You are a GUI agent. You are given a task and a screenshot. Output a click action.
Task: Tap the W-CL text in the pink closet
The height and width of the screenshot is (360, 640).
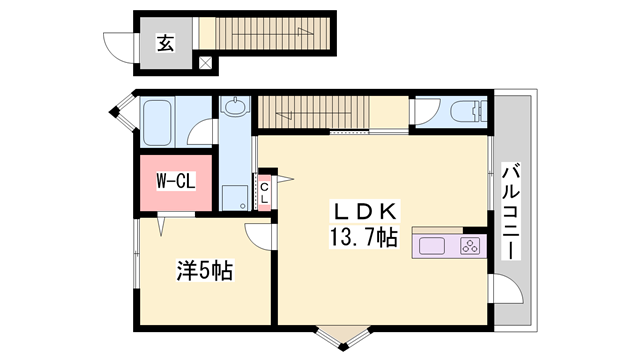point(173,182)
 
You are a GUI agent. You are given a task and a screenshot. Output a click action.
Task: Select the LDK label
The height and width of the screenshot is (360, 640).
point(366,211)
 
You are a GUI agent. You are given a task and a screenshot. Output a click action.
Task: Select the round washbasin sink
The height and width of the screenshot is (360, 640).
point(237,107)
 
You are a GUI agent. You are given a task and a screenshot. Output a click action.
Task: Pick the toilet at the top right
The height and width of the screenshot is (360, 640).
point(463,110)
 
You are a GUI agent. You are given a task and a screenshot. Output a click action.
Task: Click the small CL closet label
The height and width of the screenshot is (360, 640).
point(265,192)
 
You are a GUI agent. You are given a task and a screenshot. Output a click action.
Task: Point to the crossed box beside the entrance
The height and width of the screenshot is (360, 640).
point(205,64)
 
